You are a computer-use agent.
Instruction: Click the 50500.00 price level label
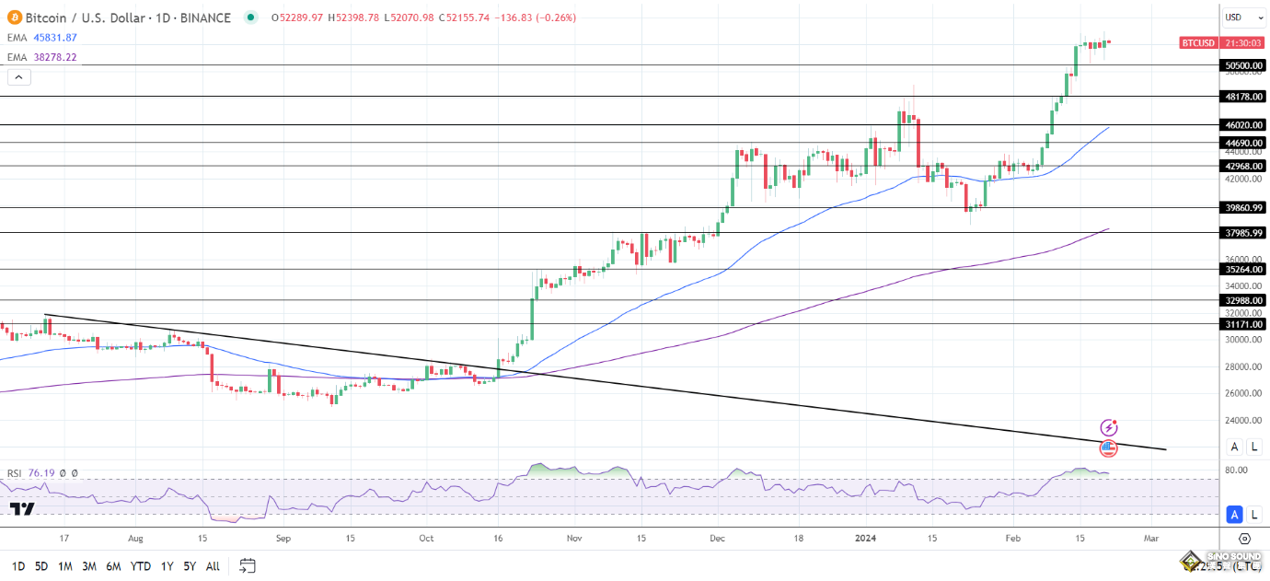pos(1243,65)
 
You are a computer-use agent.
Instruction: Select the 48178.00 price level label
pos(1243,96)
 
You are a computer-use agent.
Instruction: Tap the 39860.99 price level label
pos(1243,208)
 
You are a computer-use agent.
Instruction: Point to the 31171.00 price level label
pos(1243,324)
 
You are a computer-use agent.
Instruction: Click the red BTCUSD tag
pos(1199,42)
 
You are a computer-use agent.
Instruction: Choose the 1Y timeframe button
pos(167,566)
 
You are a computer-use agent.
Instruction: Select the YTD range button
pos(141,566)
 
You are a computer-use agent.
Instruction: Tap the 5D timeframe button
pos(41,566)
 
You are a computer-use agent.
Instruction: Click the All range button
pos(213,566)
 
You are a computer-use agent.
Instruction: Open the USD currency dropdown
pos(1243,17)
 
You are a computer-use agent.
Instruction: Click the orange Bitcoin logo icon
pos(15,17)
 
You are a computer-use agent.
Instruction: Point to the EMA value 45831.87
pos(55,37)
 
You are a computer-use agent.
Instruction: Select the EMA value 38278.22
pos(55,57)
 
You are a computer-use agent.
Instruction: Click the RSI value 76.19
pos(41,473)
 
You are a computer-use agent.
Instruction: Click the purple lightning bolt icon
pos(1109,427)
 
